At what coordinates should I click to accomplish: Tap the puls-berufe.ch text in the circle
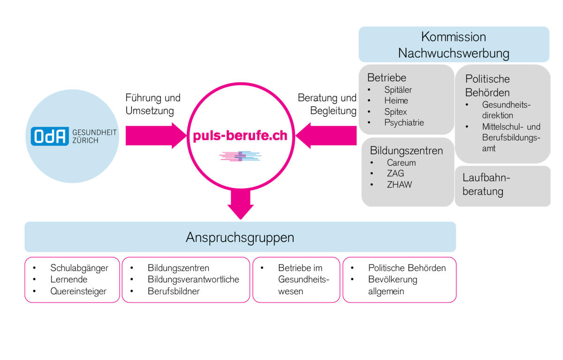(x=240, y=136)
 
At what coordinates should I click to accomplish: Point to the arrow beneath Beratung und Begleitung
(x=327, y=136)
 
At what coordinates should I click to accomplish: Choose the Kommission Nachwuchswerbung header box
(x=454, y=45)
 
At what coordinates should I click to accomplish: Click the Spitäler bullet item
(x=398, y=90)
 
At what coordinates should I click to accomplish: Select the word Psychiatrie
(x=404, y=123)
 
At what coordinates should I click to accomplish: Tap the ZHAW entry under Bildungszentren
(x=399, y=184)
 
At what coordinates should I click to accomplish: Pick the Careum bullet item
(x=401, y=163)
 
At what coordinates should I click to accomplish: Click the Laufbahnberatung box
(x=502, y=185)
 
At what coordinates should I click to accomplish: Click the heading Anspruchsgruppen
(x=240, y=237)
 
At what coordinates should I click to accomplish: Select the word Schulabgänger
(x=79, y=268)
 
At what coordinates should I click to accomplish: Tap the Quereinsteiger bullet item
(x=78, y=291)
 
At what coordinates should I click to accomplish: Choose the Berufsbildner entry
(x=174, y=291)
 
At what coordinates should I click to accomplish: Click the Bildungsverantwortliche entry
(x=193, y=280)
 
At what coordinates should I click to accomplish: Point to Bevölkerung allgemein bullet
(x=393, y=285)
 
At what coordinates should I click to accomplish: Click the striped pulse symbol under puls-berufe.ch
(x=240, y=156)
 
